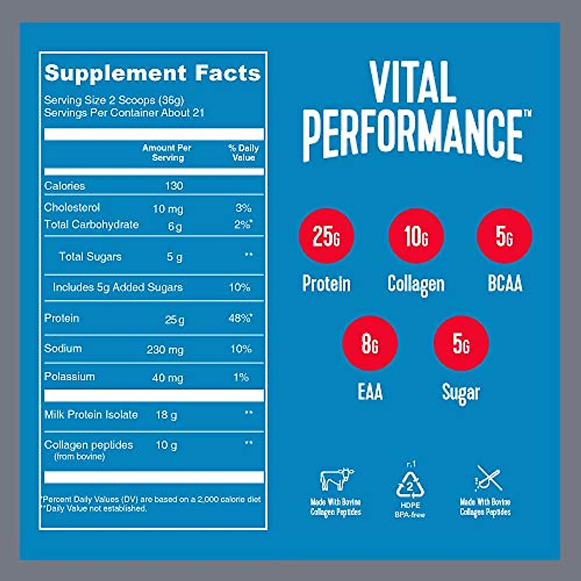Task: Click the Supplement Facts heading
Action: tap(153, 73)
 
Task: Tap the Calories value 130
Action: tap(174, 185)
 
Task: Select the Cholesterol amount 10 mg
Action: tap(168, 209)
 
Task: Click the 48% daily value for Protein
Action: tap(240, 319)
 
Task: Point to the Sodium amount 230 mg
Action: tap(165, 350)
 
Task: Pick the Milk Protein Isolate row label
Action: tap(91, 414)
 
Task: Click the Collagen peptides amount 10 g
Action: tap(166, 445)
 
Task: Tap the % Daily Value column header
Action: tap(244, 153)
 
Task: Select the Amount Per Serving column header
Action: tap(167, 153)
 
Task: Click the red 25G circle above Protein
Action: tap(326, 236)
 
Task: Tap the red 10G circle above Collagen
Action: tap(416, 236)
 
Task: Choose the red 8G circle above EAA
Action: tap(369, 343)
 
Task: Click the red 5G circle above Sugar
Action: tap(461, 343)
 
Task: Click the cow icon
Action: tap(336, 479)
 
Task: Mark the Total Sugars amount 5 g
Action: tap(175, 257)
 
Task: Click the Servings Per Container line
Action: tap(124, 113)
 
